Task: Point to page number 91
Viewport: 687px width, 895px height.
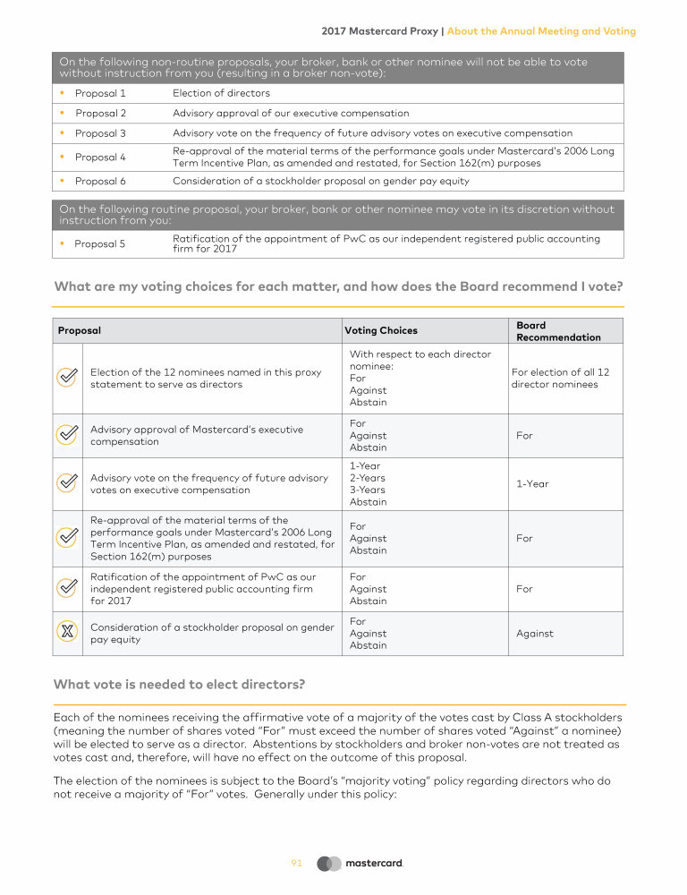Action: tap(297, 864)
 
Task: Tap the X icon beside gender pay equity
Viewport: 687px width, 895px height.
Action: tap(67, 634)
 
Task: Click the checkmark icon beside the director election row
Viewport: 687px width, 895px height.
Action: tap(67, 378)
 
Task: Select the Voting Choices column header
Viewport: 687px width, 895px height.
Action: tap(381, 331)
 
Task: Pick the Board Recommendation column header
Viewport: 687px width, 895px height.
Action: tap(558, 331)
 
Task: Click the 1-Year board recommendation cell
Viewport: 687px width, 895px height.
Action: tap(532, 484)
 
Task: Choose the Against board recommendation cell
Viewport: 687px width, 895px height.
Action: tap(535, 634)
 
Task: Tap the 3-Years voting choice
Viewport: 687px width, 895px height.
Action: tap(368, 490)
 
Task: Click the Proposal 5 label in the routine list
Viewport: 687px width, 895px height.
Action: tap(100, 244)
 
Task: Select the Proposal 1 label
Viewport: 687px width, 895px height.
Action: tap(100, 93)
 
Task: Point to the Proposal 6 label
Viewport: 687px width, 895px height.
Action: tap(100, 181)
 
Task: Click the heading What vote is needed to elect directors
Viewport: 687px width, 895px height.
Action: tap(179, 685)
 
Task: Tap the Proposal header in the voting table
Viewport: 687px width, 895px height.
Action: tap(80, 331)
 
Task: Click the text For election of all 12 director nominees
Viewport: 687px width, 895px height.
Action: tap(560, 378)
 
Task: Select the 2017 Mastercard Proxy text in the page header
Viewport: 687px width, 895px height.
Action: tap(379, 31)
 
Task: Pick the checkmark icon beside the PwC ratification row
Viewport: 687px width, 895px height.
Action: tap(67, 589)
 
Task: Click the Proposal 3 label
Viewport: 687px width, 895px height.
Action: tap(100, 133)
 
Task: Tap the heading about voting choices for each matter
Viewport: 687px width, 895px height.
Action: tap(338, 287)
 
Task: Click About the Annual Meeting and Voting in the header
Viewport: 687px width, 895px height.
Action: tap(541, 31)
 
